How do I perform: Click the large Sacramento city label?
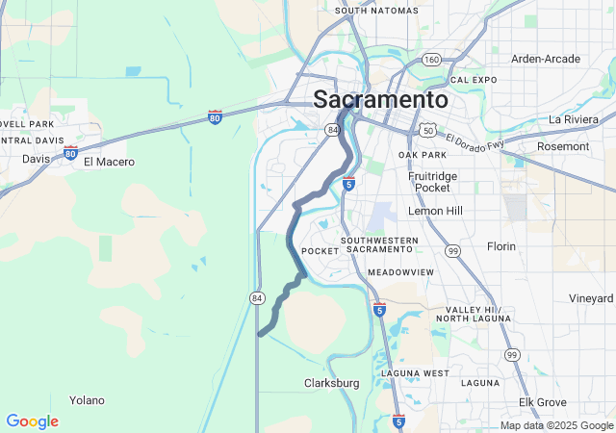[x=380, y=100]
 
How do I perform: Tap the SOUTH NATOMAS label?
[x=377, y=11]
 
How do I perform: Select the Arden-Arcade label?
[x=546, y=59]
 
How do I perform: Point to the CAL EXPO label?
[x=473, y=80]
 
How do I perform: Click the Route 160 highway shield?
[x=431, y=60]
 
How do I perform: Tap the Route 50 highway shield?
[x=427, y=128]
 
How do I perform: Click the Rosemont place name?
[x=563, y=146]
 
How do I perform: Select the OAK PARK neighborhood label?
[x=423, y=155]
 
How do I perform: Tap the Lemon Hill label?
[x=435, y=211]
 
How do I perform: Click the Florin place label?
[x=501, y=246]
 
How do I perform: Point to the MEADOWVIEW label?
[x=400, y=272]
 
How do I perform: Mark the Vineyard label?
[x=590, y=298]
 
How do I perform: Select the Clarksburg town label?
[x=331, y=383]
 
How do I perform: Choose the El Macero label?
[x=109, y=162]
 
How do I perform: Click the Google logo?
[x=32, y=421]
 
